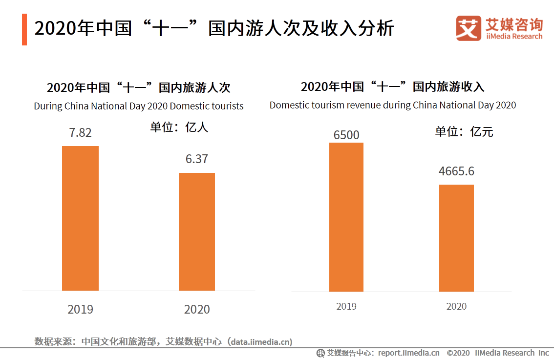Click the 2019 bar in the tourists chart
point(80,218)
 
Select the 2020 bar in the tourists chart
point(197,232)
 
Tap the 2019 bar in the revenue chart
point(346,217)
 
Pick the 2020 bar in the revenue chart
point(456,238)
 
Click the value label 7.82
point(80,133)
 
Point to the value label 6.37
point(197,159)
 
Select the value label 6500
point(346,135)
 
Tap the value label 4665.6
point(456,172)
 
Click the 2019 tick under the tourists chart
point(80,309)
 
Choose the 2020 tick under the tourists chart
point(197,309)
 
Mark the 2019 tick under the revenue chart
point(346,306)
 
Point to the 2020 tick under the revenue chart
point(456,306)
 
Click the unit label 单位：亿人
point(179,127)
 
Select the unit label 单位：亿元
point(464,132)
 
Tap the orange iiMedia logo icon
point(469,29)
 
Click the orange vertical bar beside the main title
point(24,29)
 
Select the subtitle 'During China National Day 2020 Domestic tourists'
point(139,106)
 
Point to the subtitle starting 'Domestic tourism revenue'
point(393,105)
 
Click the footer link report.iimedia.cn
point(408,353)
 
